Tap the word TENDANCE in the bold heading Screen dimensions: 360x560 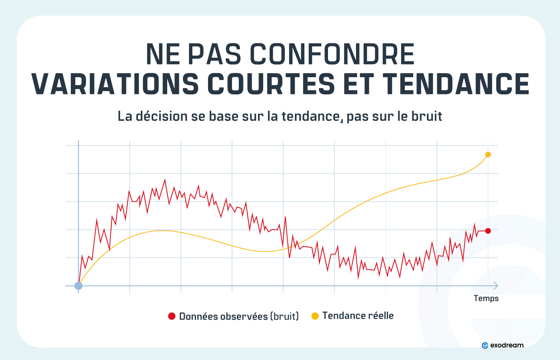tap(456, 84)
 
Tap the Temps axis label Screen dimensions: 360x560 tap(486, 298)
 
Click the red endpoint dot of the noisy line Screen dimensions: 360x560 tap(488, 231)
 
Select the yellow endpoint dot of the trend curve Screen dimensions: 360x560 tap(488, 155)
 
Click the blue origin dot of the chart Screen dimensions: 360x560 tap(78, 286)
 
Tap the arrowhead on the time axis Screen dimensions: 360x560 tap(496, 286)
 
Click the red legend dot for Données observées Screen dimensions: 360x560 tap(172, 316)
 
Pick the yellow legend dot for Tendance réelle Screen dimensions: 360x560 tap(315, 316)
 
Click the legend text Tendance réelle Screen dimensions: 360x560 tap(358, 316)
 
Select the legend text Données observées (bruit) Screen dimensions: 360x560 tap(239, 316)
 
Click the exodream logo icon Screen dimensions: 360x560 tap(485, 345)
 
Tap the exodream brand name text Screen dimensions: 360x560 tap(507, 345)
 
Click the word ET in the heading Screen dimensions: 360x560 tap(358, 84)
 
